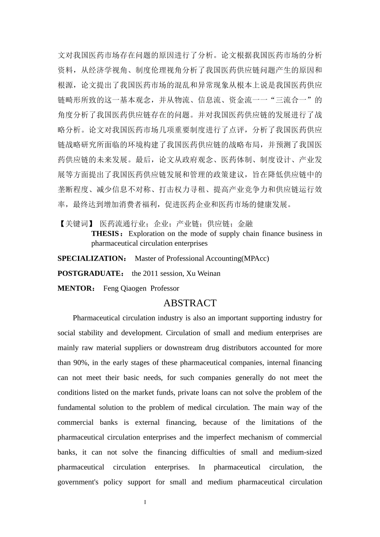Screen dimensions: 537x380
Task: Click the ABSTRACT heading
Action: click(190, 303)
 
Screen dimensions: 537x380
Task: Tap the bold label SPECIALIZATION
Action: click(91, 259)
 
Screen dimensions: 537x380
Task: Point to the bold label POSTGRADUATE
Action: click(90, 274)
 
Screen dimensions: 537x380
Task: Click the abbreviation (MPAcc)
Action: click(255, 259)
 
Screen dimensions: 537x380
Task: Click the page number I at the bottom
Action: click(145, 502)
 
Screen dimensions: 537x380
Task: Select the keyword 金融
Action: click(245, 224)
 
